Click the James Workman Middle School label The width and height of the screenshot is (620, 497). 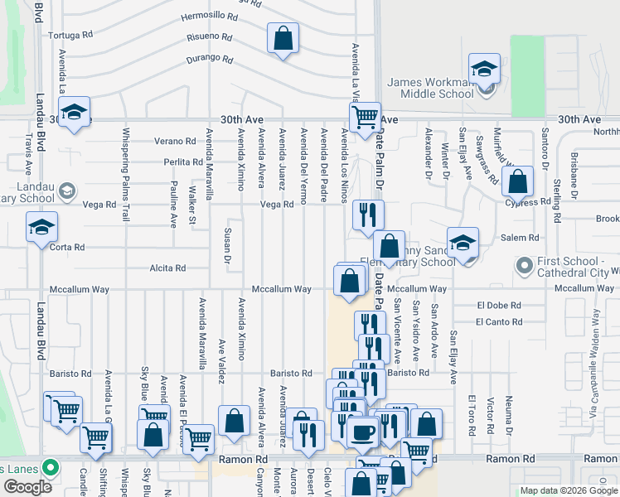pos(430,88)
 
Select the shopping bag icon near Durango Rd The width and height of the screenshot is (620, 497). pos(283,38)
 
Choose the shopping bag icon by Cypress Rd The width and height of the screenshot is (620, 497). pos(518,183)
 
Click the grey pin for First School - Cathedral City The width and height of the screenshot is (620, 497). pos(523,267)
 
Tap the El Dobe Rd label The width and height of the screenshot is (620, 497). pos(499,306)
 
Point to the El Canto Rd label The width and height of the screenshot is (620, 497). pos(499,321)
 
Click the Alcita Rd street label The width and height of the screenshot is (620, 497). pos(167,268)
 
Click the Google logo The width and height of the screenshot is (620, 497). pos(27,487)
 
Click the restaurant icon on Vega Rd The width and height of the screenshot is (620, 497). pos(367,214)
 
